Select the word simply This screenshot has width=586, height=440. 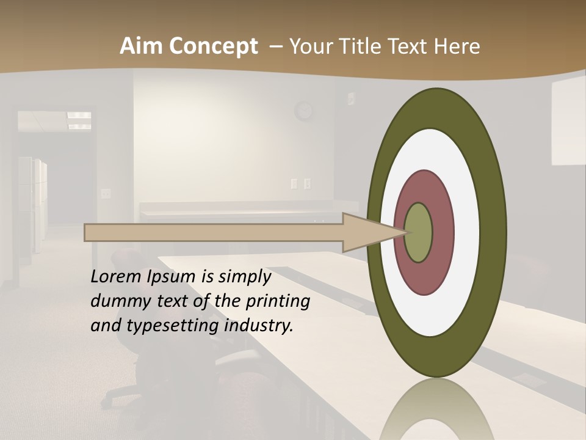(244, 277)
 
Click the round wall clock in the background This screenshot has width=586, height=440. (303, 111)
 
